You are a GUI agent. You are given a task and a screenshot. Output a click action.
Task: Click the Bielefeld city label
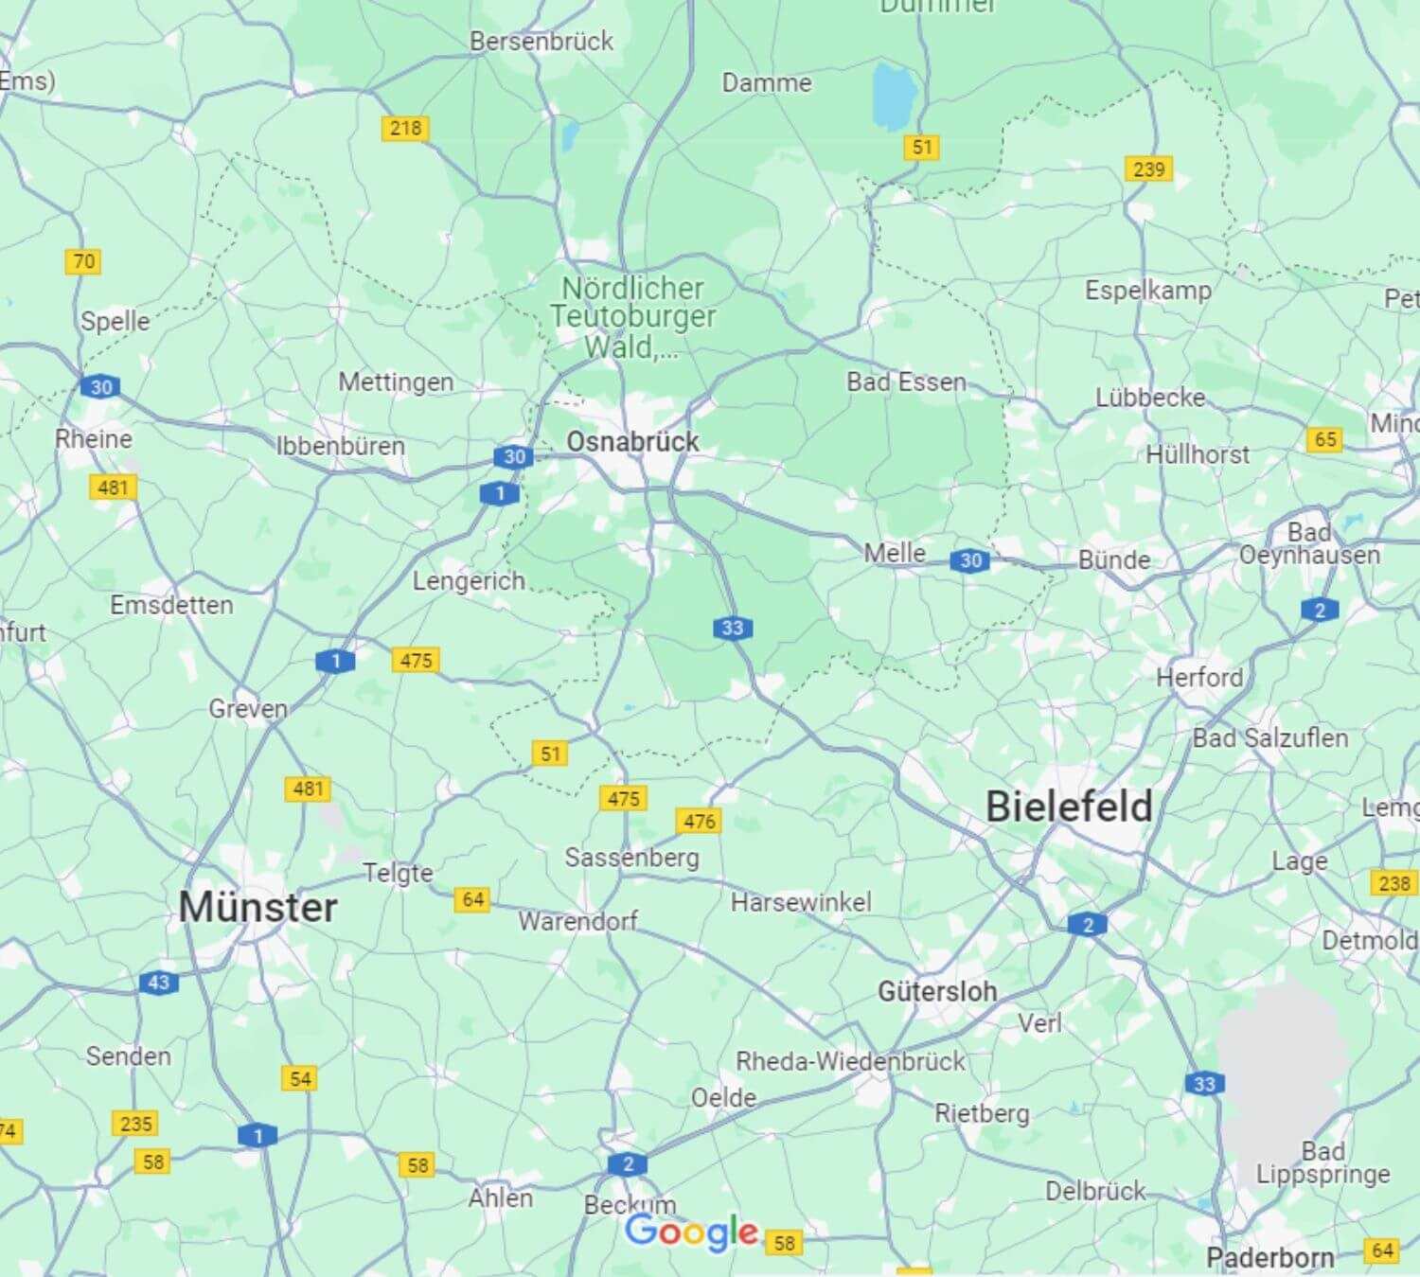tap(1069, 807)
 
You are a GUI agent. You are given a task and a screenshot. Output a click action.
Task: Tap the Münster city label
tap(257, 907)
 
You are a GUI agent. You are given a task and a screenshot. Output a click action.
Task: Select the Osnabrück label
tap(632, 441)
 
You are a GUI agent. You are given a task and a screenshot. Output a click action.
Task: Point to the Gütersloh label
tap(937, 991)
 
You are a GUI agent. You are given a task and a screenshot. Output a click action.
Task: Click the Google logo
tap(691, 1232)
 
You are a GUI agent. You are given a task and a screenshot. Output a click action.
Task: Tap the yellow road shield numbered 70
tap(83, 261)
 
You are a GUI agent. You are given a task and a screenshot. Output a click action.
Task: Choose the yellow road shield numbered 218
tap(405, 128)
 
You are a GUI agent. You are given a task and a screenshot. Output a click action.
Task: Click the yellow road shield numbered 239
tap(1148, 169)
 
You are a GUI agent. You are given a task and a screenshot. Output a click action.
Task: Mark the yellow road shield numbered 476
tap(699, 821)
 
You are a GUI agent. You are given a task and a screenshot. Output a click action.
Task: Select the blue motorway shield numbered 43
tap(158, 983)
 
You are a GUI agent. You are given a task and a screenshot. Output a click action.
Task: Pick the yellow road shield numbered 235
tap(135, 1124)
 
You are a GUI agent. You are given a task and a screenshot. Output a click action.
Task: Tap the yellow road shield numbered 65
tap(1325, 439)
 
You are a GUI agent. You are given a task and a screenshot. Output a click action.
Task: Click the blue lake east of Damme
tap(894, 97)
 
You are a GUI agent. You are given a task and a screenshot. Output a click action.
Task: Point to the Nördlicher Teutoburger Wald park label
tap(632, 317)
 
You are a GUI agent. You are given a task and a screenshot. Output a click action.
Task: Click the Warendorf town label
tap(577, 920)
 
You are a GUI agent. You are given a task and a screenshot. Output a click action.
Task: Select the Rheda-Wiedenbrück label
tap(850, 1061)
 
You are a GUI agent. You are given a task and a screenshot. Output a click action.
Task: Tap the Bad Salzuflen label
tap(1269, 737)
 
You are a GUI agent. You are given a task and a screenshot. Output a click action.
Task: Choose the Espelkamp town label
tap(1147, 291)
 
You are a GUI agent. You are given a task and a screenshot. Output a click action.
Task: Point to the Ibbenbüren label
tap(340, 445)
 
